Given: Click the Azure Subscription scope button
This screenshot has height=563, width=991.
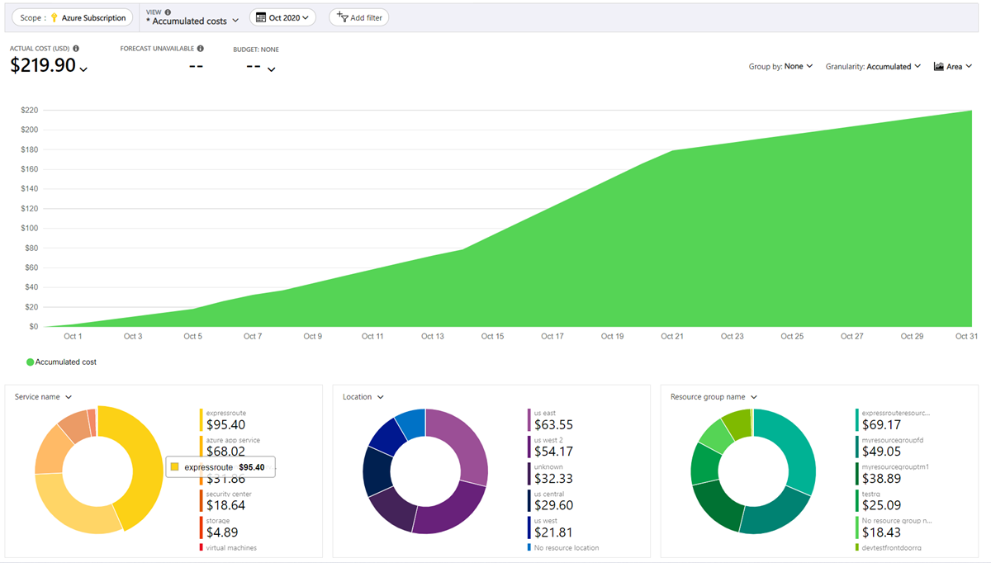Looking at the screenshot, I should (x=72, y=17).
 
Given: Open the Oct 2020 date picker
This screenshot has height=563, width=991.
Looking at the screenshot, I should (x=282, y=17).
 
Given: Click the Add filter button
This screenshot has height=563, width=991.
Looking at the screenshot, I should (x=358, y=17).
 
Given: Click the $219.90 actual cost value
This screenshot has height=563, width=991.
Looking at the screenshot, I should (x=43, y=66).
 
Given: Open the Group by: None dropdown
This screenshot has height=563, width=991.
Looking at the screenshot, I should (x=780, y=66).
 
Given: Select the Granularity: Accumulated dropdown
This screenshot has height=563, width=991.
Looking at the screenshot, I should (x=873, y=66).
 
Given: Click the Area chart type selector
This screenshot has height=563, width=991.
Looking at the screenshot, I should (x=953, y=66).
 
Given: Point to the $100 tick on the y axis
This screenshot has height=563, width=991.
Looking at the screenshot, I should (x=29, y=228).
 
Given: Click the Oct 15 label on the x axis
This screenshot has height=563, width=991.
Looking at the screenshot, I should (x=492, y=336).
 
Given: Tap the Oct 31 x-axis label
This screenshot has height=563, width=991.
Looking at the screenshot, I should (x=966, y=336).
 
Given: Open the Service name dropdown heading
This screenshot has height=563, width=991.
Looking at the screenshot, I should (x=43, y=397).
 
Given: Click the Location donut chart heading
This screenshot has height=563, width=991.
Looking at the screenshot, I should (x=363, y=397).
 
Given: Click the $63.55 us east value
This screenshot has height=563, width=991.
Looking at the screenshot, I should (x=554, y=425).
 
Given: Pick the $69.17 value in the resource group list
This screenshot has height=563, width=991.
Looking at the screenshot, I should (x=881, y=425).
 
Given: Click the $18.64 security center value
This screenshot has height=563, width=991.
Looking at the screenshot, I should (x=225, y=505).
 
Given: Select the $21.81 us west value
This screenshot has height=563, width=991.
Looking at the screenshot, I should (x=554, y=532).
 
